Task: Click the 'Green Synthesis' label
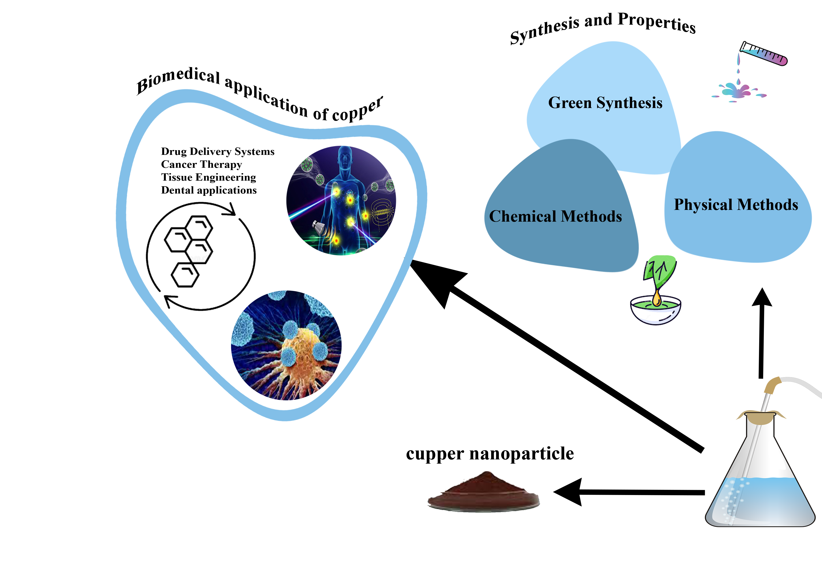click(605, 103)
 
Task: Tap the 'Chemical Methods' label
click(555, 216)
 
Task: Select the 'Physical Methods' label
click(736, 205)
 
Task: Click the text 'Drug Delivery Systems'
click(218, 151)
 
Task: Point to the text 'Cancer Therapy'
click(202, 164)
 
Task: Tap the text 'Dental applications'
click(209, 190)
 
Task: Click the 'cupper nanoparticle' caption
click(490, 454)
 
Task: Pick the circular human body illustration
click(341, 201)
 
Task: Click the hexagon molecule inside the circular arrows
click(189, 251)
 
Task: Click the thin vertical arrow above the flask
click(761, 333)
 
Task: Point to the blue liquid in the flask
click(762, 501)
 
